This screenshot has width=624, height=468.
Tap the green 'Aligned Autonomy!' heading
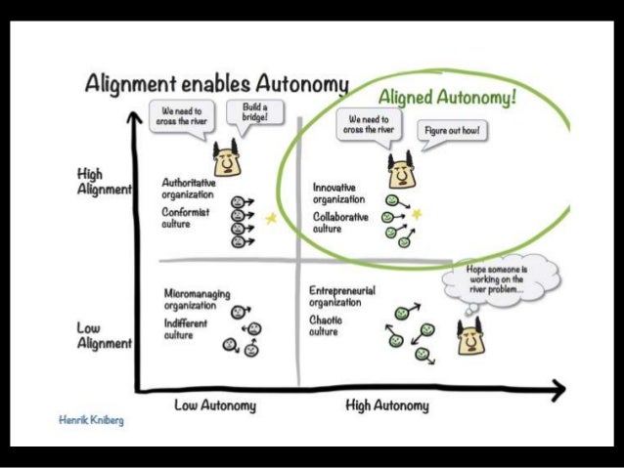point(448,99)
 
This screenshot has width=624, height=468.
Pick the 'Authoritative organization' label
point(190,188)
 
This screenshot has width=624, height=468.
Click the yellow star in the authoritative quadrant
point(271,219)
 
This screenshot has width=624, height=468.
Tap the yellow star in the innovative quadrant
point(417,213)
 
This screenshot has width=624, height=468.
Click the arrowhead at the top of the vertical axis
point(134,117)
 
